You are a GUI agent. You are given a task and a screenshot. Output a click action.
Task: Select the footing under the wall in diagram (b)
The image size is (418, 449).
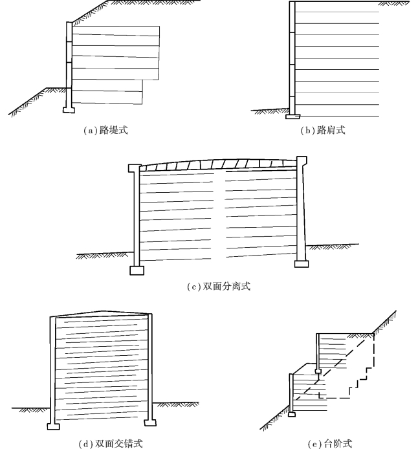292,116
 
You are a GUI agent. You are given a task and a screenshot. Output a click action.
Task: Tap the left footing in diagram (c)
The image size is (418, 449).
137,270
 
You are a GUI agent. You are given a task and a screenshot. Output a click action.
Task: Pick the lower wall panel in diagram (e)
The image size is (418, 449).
292,391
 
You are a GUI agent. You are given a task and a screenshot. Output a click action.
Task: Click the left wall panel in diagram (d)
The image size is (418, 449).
52,369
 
